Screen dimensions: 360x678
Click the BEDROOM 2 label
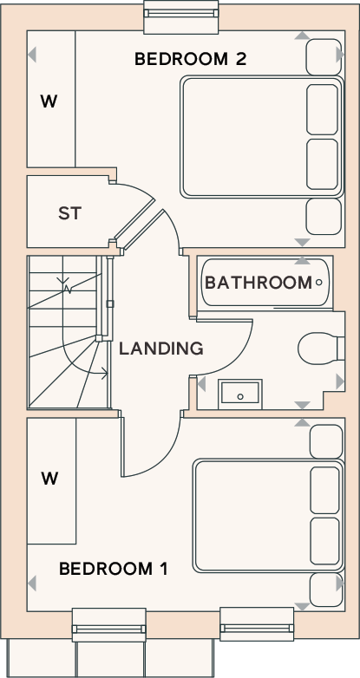pyautogui.click(x=190, y=59)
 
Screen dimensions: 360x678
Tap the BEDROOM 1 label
pyautogui.click(x=113, y=569)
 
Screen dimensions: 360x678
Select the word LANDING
pyautogui.click(x=161, y=349)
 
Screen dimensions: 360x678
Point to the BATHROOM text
pyautogui.click(x=259, y=283)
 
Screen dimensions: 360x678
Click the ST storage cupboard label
pyautogui.click(x=70, y=213)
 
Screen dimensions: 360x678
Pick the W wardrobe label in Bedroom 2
pyautogui.click(x=49, y=101)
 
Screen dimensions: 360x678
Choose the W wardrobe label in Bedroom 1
pyautogui.click(x=49, y=479)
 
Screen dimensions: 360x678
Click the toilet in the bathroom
pyautogui.click(x=321, y=348)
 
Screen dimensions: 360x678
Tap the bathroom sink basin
pyautogui.click(x=240, y=394)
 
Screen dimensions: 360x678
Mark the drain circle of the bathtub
pyautogui.click(x=319, y=283)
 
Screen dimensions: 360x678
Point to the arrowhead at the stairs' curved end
pyautogui.click(x=104, y=372)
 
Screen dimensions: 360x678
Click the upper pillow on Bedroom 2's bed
pyautogui.click(x=323, y=109)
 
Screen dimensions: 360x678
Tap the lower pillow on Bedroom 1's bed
pyautogui.click(x=325, y=541)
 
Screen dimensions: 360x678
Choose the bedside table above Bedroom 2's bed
pyautogui.click(x=324, y=57)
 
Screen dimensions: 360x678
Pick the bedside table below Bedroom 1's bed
pyautogui.click(x=327, y=590)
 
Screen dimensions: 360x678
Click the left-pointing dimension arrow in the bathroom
pyautogui.click(x=201, y=383)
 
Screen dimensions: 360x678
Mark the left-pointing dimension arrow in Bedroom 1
pyautogui.click(x=31, y=583)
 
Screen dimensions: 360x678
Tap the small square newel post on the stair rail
pyautogui.click(x=110, y=304)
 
